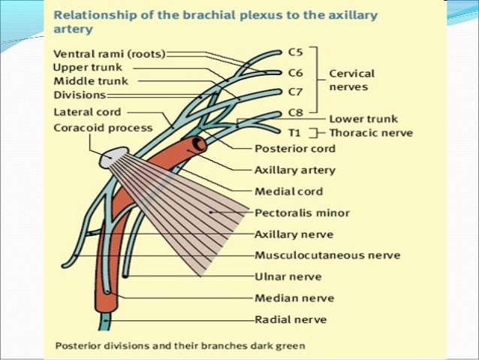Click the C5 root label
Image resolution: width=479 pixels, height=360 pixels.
point(297,53)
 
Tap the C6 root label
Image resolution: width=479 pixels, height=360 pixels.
point(297,73)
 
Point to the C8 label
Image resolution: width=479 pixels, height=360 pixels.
point(297,113)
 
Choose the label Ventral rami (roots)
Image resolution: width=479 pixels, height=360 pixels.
point(110,54)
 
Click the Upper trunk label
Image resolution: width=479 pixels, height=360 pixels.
point(85,68)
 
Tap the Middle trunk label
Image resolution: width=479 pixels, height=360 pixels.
point(90,81)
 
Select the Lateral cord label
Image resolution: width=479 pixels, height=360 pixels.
point(87,113)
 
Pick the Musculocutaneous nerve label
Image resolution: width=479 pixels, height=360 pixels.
point(327,256)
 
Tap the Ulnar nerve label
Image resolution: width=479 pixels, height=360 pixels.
point(288,277)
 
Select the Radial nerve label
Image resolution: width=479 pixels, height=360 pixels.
point(291,319)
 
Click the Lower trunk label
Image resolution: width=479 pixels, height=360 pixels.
point(363,119)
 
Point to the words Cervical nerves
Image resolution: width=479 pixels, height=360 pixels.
point(351,80)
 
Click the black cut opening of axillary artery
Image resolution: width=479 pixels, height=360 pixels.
point(199,143)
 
